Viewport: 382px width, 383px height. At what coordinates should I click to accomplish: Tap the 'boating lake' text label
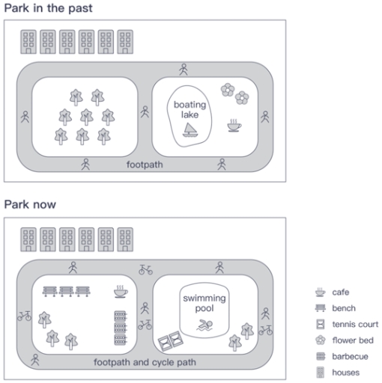190,111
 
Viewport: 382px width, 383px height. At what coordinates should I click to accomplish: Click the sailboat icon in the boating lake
191,132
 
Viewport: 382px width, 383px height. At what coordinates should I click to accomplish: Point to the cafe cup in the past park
234,124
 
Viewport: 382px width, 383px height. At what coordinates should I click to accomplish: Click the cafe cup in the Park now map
121,291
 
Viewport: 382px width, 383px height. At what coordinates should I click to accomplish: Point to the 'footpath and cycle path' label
145,363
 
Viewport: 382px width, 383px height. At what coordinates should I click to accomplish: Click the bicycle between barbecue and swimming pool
145,325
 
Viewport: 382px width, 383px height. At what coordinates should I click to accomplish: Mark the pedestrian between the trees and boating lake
145,113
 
